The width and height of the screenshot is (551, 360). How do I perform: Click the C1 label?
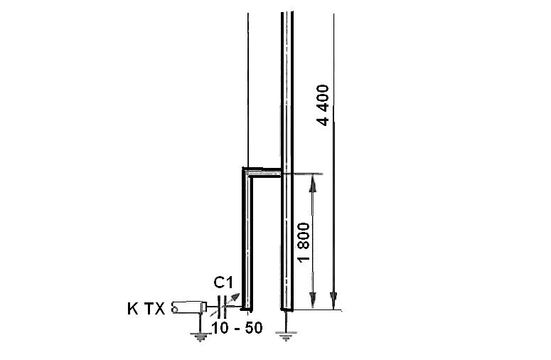point(223,283)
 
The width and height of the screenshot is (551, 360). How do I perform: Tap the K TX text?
point(146,309)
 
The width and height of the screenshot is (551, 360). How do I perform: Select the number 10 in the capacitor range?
point(220,328)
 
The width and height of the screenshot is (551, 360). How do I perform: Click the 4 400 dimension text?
point(323,105)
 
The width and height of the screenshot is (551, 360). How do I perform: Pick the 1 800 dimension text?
point(304,242)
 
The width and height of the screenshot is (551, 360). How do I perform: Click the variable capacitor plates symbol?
point(221,307)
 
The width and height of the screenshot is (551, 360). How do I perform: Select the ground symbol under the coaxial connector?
point(200,337)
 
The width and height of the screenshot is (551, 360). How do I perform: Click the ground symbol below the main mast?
point(286,336)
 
